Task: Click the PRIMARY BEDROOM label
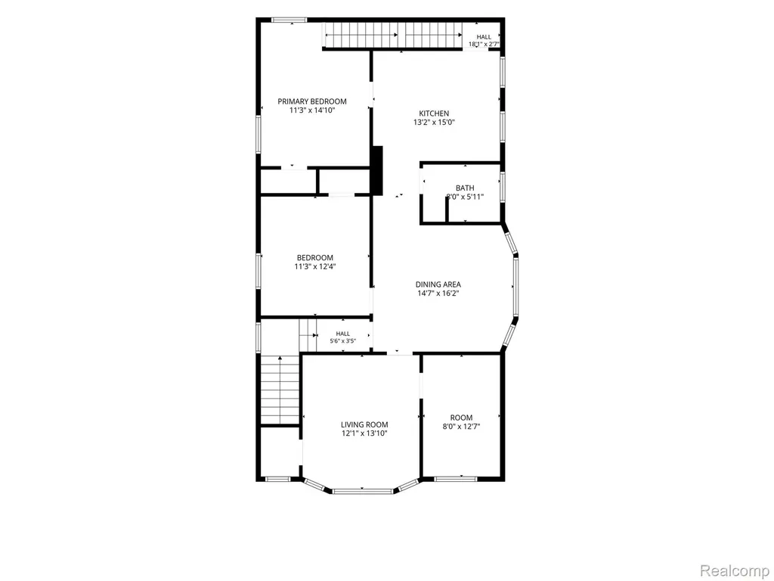(x=312, y=101)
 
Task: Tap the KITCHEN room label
(x=434, y=113)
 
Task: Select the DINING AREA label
(x=438, y=284)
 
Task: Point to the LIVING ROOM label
(x=364, y=424)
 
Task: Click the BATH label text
(x=465, y=188)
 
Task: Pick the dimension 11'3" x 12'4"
(x=315, y=267)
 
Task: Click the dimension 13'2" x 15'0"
(x=434, y=122)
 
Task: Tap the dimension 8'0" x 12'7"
(x=462, y=427)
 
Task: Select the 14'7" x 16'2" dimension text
(x=438, y=293)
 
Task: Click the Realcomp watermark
(x=735, y=570)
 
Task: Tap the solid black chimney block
(x=377, y=170)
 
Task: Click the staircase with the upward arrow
(x=280, y=390)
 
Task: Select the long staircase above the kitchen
(x=392, y=36)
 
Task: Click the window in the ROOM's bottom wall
(x=456, y=478)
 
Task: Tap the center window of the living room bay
(x=363, y=490)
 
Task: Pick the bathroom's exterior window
(x=503, y=187)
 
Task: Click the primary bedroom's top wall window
(x=289, y=20)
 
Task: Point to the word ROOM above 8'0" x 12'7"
(x=462, y=418)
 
